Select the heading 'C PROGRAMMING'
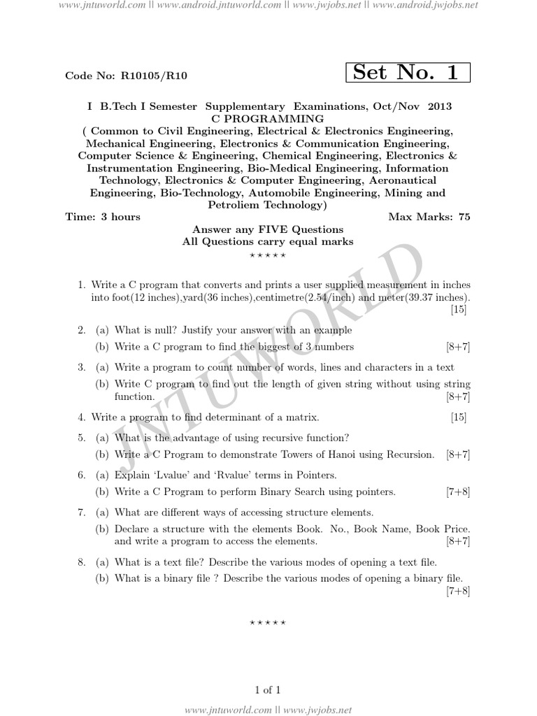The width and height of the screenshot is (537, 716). coord(269,118)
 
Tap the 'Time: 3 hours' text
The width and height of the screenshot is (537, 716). coord(103,217)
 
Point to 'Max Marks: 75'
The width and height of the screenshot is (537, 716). coord(429,217)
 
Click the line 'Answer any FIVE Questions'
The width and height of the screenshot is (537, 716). coord(268,229)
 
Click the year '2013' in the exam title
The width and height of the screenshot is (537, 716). coord(437,106)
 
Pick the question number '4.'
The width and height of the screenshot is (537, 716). coord(82,417)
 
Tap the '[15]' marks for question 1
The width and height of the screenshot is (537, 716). coord(459,310)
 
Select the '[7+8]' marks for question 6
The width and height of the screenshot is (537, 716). coord(458,492)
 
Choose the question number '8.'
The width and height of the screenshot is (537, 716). coord(82,562)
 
